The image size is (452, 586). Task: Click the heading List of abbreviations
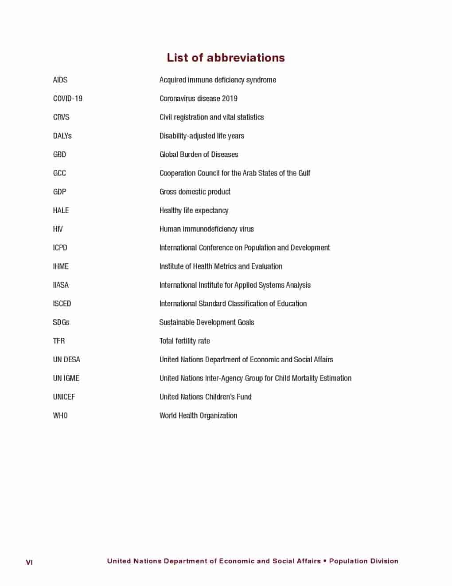(x=226, y=58)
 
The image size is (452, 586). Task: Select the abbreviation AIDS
(x=60, y=80)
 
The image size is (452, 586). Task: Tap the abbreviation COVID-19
(x=68, y=99)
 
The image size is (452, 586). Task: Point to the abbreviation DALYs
(x=62, y=136)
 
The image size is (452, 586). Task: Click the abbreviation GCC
(x=59, y=173)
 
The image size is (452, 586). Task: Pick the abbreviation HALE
(x=61, y=210)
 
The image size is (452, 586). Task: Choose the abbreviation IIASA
(x=61, y=285)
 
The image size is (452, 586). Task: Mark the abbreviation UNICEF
(x=64, y=397)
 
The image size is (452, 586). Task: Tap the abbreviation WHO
(x=60, y=416)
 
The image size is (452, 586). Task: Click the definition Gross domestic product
(x=195, y=192)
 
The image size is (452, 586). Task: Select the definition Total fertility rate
(x=185, y=341)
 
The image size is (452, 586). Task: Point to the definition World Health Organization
(x=198, y=416)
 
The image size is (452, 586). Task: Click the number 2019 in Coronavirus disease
(x=230, y=99)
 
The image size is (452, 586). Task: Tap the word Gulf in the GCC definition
(x=304, y=173)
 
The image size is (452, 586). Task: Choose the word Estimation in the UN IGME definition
(x=335, y=378)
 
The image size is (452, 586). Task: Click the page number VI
(x=29, y=562)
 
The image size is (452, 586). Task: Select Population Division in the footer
(x=363, y=561)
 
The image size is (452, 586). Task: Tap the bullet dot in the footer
(x=325, y=561)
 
